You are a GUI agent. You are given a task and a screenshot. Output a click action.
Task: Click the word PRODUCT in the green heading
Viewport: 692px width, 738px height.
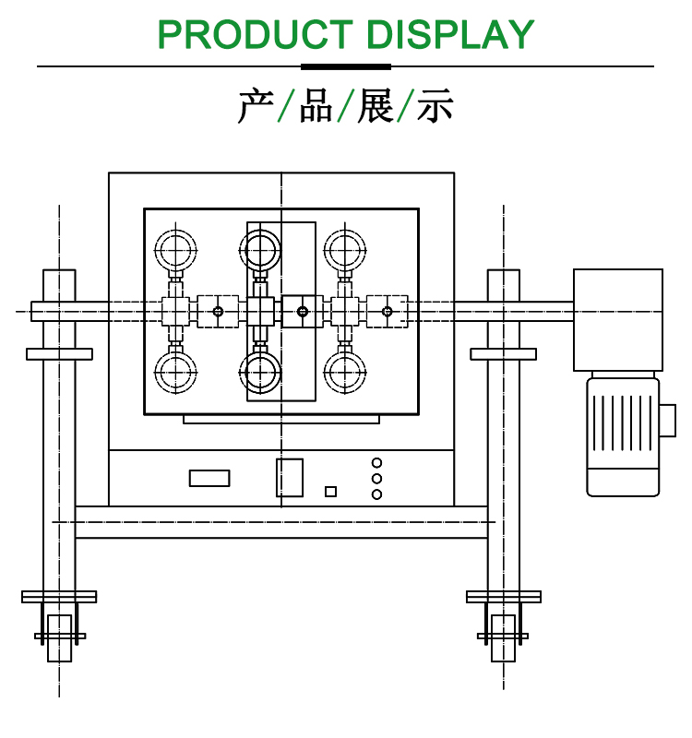[x=255, y=34]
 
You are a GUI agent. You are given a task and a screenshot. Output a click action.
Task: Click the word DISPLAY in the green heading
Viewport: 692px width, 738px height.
[x=450, y=34]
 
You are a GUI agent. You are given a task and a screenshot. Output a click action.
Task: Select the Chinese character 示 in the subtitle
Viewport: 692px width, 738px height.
[x=435, y=107]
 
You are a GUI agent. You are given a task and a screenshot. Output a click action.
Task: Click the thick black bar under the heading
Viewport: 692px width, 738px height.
[x=346, y=66]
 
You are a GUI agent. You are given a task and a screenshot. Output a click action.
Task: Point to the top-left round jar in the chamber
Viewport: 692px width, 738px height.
[x=175, y=247]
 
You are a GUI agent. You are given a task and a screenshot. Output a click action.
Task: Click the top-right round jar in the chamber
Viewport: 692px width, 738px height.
[x=344, y=247]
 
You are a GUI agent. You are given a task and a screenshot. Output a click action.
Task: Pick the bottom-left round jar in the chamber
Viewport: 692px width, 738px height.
[x=175, y=373]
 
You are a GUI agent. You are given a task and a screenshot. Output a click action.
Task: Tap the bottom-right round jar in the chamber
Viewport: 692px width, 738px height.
[x=344, y=373]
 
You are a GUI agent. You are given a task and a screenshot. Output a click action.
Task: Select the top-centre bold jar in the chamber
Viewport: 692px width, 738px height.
[x=260, y=247]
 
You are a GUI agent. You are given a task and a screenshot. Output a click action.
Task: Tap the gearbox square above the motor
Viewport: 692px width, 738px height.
[x=618, y=319]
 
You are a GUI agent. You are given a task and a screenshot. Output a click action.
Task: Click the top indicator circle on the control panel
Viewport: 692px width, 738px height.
[x=376, y=462]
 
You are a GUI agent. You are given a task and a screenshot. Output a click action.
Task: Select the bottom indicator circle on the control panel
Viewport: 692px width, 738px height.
[x=376, y=494]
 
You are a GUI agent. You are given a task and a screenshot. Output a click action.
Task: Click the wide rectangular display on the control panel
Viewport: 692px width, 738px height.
[x=209, y=478]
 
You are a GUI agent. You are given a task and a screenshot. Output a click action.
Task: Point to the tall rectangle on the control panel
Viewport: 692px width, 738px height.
[x=290, y=477]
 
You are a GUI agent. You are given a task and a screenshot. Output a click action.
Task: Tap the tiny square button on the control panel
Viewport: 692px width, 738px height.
[x=330, y=491]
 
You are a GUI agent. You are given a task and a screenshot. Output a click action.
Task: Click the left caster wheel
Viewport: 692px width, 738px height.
[x=60, y=637]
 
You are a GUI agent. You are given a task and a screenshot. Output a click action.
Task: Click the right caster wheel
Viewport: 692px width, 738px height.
[x=503, y=637]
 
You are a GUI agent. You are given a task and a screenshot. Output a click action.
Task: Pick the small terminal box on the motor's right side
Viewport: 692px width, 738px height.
[x=668, y=421]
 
